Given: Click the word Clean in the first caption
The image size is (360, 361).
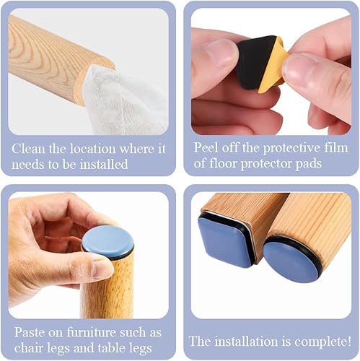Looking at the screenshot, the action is click(x=28, y=149).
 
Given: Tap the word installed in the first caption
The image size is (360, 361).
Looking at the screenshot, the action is click(x=104, y=165).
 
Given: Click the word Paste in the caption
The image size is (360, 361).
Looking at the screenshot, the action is click(x=30, y=332).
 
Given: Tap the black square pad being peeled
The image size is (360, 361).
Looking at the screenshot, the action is click(x=255, y=61).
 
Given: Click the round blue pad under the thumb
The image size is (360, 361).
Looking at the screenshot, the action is click(x=107, y=241).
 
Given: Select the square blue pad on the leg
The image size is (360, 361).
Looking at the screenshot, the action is click(x=226, y=238).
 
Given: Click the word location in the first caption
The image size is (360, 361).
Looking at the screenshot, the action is click(x=92, y=149).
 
